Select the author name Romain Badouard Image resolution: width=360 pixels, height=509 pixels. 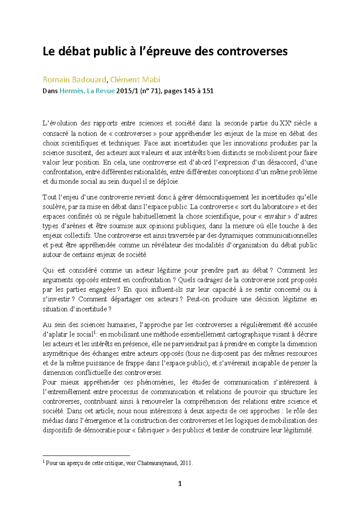74,80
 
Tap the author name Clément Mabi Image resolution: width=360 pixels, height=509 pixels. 135,80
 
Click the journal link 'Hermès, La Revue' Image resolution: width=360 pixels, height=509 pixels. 87,91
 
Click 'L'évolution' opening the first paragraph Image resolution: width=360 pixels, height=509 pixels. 60,123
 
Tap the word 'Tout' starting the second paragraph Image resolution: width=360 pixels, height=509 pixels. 49,197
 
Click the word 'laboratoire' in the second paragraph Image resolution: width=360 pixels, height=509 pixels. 278,207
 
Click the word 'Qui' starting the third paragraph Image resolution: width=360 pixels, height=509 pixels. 48,270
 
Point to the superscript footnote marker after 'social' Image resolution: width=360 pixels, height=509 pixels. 95,332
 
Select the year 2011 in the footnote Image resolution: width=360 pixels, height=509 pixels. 186,463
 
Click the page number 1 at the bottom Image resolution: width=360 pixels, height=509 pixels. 180,483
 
